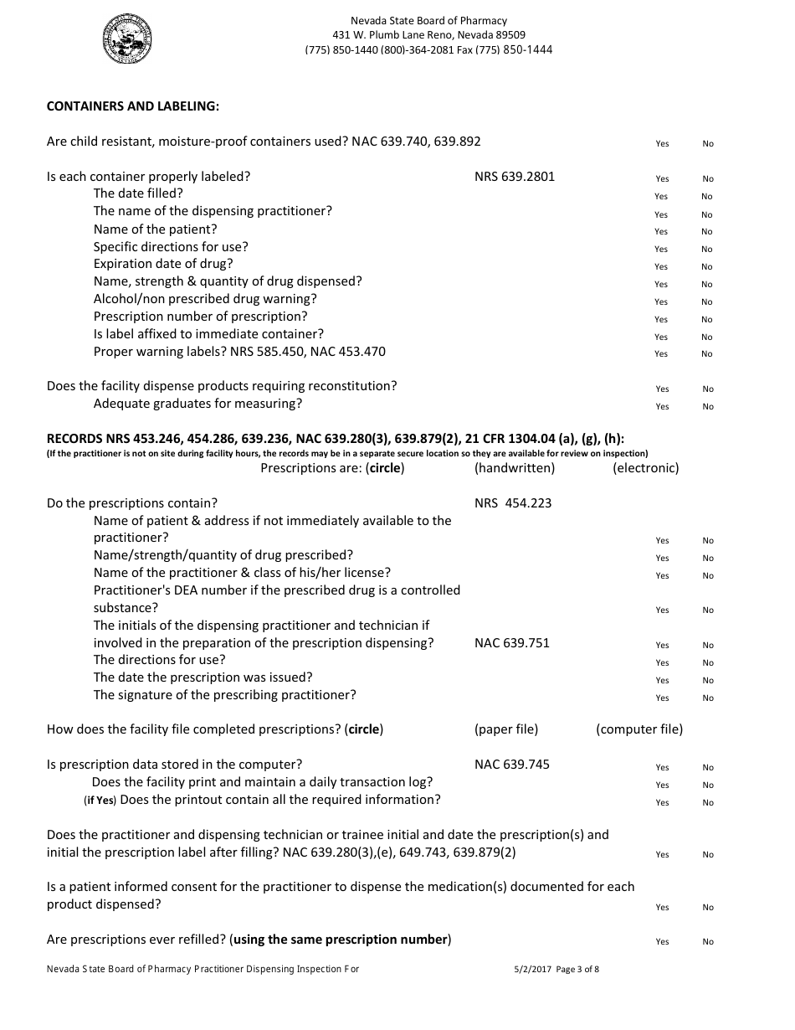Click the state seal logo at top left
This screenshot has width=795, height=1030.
[128, 41]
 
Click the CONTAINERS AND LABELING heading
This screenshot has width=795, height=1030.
[133, 106]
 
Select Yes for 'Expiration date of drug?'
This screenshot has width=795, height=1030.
[661, 267]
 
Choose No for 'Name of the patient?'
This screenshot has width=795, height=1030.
[707, 232]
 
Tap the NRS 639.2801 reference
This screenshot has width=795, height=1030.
[514, 177]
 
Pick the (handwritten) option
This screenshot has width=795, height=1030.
[514, 468]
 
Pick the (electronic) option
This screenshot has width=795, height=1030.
[645, 468]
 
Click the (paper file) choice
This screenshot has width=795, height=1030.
[505, 729]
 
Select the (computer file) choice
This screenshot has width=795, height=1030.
[639, 729]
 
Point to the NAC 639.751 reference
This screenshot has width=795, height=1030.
[511, 643]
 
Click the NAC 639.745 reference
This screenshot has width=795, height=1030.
[511, 765]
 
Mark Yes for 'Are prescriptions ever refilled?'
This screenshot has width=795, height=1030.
[662, 942]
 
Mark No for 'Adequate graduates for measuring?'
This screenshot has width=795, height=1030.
[707, 407]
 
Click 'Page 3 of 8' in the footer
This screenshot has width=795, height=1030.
[577, 970]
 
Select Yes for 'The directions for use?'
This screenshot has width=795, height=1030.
[662, 663]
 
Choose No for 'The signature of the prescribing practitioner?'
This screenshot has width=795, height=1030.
[707, 698]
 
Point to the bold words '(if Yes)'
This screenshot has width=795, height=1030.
[100, 801]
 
